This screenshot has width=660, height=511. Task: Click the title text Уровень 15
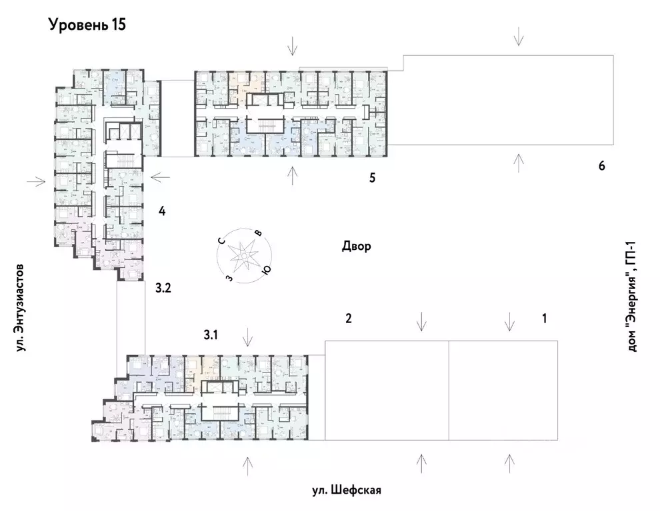pos(87,25)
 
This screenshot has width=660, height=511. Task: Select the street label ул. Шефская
pos(346,491)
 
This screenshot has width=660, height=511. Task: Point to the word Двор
pos(356,247)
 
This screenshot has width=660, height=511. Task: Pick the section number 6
pos(601,166)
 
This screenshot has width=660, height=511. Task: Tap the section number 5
pos(373,178)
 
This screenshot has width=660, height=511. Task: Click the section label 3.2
pos(163,288)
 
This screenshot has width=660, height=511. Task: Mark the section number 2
pos(348,318)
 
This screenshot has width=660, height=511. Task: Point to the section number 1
pos(544,318)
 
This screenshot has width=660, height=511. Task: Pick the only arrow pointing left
pos(161,177)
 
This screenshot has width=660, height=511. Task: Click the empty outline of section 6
pos(510,100)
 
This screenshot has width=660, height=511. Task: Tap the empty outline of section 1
pos(503,390)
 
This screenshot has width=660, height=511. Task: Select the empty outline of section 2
pos(386,390)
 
